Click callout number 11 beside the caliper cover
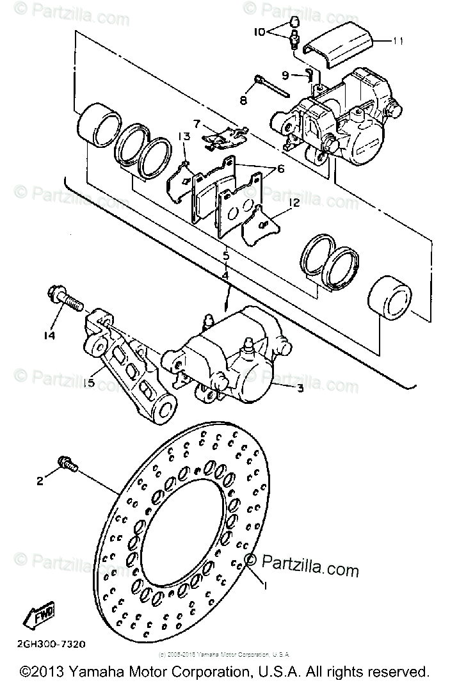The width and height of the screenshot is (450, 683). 398,42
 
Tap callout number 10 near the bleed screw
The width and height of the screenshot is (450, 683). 259,30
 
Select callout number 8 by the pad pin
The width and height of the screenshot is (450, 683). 243,100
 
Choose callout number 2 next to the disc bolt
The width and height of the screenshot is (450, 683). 40,481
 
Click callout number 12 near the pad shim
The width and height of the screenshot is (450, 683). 294,202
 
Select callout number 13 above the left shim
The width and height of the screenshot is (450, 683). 184,136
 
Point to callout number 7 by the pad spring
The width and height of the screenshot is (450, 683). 197,123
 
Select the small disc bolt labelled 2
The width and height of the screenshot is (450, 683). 67,463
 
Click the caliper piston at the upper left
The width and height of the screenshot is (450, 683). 97,125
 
